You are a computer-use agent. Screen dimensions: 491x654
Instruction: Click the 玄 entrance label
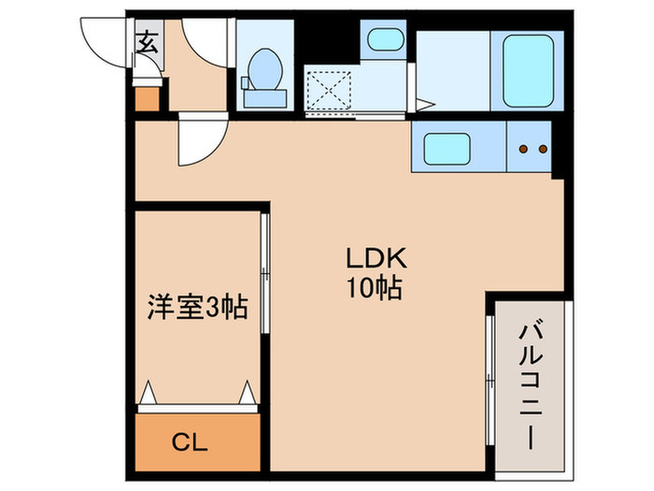pyautogui.click(x=148, y=41)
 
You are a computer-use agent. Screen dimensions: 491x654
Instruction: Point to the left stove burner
pyautogui.click(x=523, y=149)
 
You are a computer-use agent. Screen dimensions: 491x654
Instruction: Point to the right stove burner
pyautogui.click(x=541, y=149)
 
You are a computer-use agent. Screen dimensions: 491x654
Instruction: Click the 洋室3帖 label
pyautogui.click(x=197, y=307)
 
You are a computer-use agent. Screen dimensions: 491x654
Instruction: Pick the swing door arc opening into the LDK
pyautogui.click(x=199, y=138)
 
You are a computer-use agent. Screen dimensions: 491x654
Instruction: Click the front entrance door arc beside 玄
pyautogui.click(x=105, y=42)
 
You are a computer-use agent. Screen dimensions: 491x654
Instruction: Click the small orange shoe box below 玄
pyautogui.click(x=148, y=98)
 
